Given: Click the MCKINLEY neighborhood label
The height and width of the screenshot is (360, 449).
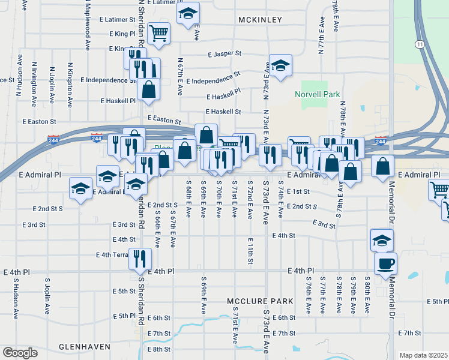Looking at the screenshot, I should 260,20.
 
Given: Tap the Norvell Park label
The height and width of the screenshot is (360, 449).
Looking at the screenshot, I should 317,94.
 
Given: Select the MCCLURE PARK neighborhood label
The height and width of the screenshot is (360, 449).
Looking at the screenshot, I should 260,301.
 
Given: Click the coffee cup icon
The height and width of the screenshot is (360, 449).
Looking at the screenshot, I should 386,263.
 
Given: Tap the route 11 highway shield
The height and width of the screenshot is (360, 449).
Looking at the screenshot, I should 420,44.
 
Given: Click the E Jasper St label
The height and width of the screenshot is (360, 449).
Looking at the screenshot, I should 224,53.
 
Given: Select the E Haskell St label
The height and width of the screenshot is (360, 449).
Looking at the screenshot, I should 223,112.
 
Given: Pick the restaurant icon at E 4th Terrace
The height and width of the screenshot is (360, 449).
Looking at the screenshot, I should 140,259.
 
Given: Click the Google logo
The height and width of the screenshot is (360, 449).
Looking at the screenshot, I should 20,353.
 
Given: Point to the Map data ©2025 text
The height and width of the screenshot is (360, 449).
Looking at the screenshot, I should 423,355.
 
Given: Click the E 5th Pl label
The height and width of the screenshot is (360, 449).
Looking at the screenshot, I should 124,316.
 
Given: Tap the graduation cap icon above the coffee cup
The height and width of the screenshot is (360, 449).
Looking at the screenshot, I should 381,240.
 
